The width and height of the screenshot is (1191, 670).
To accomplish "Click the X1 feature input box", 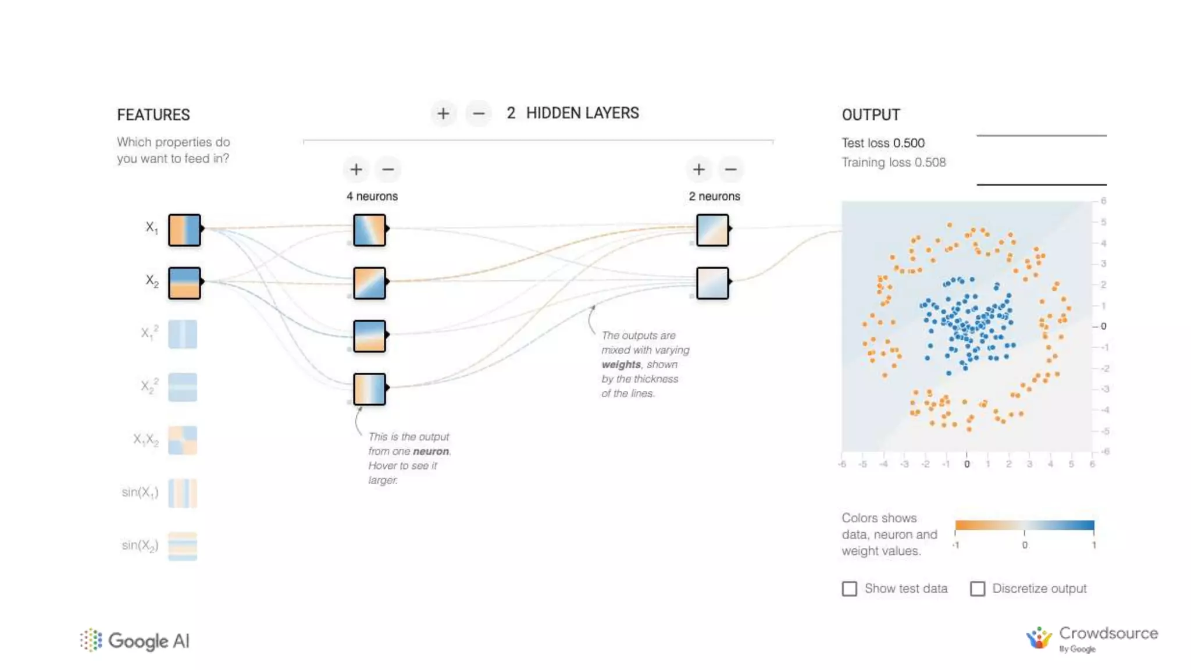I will tap(184, 230).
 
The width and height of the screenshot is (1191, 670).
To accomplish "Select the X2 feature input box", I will tap(184, 283).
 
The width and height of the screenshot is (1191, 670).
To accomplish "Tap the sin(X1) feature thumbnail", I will tap(183, 493).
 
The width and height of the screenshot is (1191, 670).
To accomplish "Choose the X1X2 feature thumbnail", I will tap(183, 440).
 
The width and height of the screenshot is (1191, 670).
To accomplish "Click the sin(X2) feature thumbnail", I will tap(183, 546).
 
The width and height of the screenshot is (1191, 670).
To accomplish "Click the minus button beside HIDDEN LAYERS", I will tap(479, 114).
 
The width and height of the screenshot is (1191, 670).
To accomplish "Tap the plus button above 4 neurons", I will tap(356, 170).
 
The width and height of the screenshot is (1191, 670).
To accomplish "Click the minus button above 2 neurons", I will tap(731, 170).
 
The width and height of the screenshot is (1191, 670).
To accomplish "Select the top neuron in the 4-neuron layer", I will tap(369, 230).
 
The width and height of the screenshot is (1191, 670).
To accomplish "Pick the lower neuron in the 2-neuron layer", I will tap(712, 283).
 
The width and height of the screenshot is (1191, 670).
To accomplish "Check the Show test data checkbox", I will tap(850, 589).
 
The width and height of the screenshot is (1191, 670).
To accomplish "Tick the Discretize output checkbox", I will tap(978, 589).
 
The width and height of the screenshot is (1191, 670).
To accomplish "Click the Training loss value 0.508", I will tap(930, 162).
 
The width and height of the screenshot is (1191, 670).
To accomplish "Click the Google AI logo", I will tap(135, 641).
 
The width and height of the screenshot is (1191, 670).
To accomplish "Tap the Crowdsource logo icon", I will tap(1039, 638).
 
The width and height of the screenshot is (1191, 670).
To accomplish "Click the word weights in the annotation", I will tap(621, 365).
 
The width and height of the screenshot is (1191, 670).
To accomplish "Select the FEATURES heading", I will tap(154, 115).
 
